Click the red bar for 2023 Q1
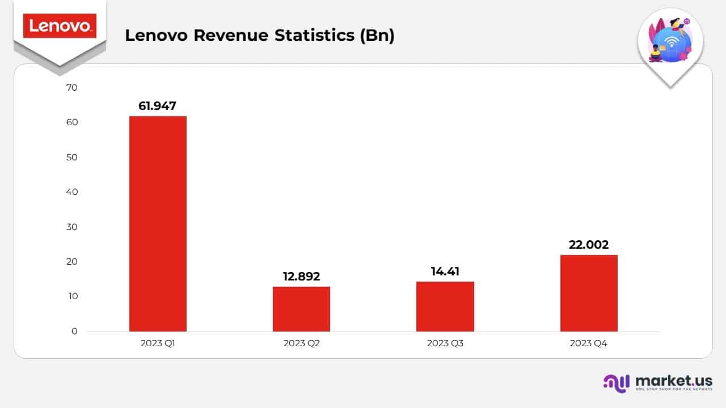pos(158,224)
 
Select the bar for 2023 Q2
pos(301,309)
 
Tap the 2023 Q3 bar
pos(445,307)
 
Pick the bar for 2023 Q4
pos(589,293)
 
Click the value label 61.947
pos(158,105)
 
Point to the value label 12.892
pos(301,277)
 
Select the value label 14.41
pos(445,271)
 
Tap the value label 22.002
pos(589,245)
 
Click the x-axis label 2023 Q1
pos(158,343)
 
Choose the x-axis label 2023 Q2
pos(301,343)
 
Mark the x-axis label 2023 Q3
pos(445,343)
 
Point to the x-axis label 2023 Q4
pos(589,343)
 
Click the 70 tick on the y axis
pos(71,88)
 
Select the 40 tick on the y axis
pos(71,192)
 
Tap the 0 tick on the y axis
pos(74,331)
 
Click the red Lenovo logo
pos(60,26)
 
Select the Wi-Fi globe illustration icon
pos(670,42)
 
